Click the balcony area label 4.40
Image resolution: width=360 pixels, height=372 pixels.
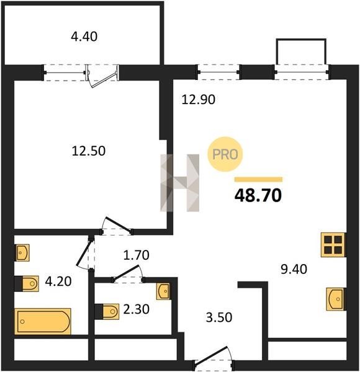coord(84,37)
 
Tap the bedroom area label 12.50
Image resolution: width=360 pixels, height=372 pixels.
coord(89,151)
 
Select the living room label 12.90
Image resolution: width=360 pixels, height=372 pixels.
coord(198,99)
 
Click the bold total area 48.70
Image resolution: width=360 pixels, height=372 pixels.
coord(258,195)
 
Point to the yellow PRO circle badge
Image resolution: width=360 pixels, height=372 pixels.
coord(225,154)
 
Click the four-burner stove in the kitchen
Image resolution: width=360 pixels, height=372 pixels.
coord(333,245)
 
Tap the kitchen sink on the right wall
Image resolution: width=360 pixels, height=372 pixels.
coord(335,299)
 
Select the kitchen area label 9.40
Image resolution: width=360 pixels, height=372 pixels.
coord(294,269)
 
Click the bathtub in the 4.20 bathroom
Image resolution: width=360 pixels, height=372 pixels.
coord(43,321)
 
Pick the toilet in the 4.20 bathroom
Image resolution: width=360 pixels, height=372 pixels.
coord(27,283)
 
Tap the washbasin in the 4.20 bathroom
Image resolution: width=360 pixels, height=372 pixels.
coord(23,253)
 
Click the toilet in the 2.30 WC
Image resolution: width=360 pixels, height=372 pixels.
coord(107,311)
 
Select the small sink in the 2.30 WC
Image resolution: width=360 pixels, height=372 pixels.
coord(163,291)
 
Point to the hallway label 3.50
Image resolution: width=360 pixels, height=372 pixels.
coord(218,317)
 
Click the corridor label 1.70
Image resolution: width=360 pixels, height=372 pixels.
coord(137,255)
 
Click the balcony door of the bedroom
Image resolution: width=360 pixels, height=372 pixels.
coord(102,76)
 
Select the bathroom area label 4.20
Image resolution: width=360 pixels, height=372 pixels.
coord(58,281)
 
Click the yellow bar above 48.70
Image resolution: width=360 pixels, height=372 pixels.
coord(258,179)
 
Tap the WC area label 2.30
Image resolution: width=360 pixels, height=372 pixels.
coord(137,309)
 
